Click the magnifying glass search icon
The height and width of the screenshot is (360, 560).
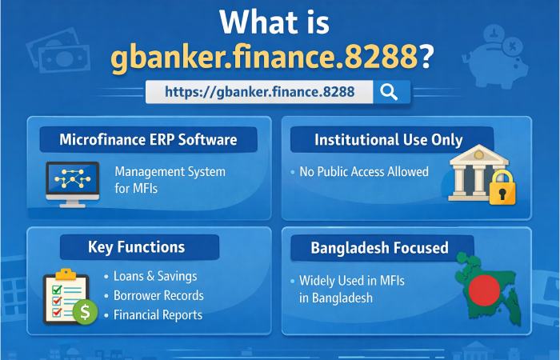(x=390, y=91)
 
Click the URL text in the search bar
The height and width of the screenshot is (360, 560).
(x=259, y=91)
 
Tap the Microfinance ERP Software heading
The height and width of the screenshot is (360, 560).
(x=148, y=140)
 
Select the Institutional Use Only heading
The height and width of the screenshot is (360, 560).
(x=389, y=140)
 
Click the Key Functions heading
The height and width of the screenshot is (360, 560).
(x=136, y=247)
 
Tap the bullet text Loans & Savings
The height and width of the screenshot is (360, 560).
(x=155, y=276)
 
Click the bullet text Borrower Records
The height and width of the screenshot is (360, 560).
(x=158, y=295)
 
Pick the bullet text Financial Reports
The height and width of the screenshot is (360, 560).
(x=158, y=314)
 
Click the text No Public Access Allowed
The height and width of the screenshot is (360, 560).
(x=364, y=171)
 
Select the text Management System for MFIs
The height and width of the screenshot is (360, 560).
(x=170, y=179)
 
